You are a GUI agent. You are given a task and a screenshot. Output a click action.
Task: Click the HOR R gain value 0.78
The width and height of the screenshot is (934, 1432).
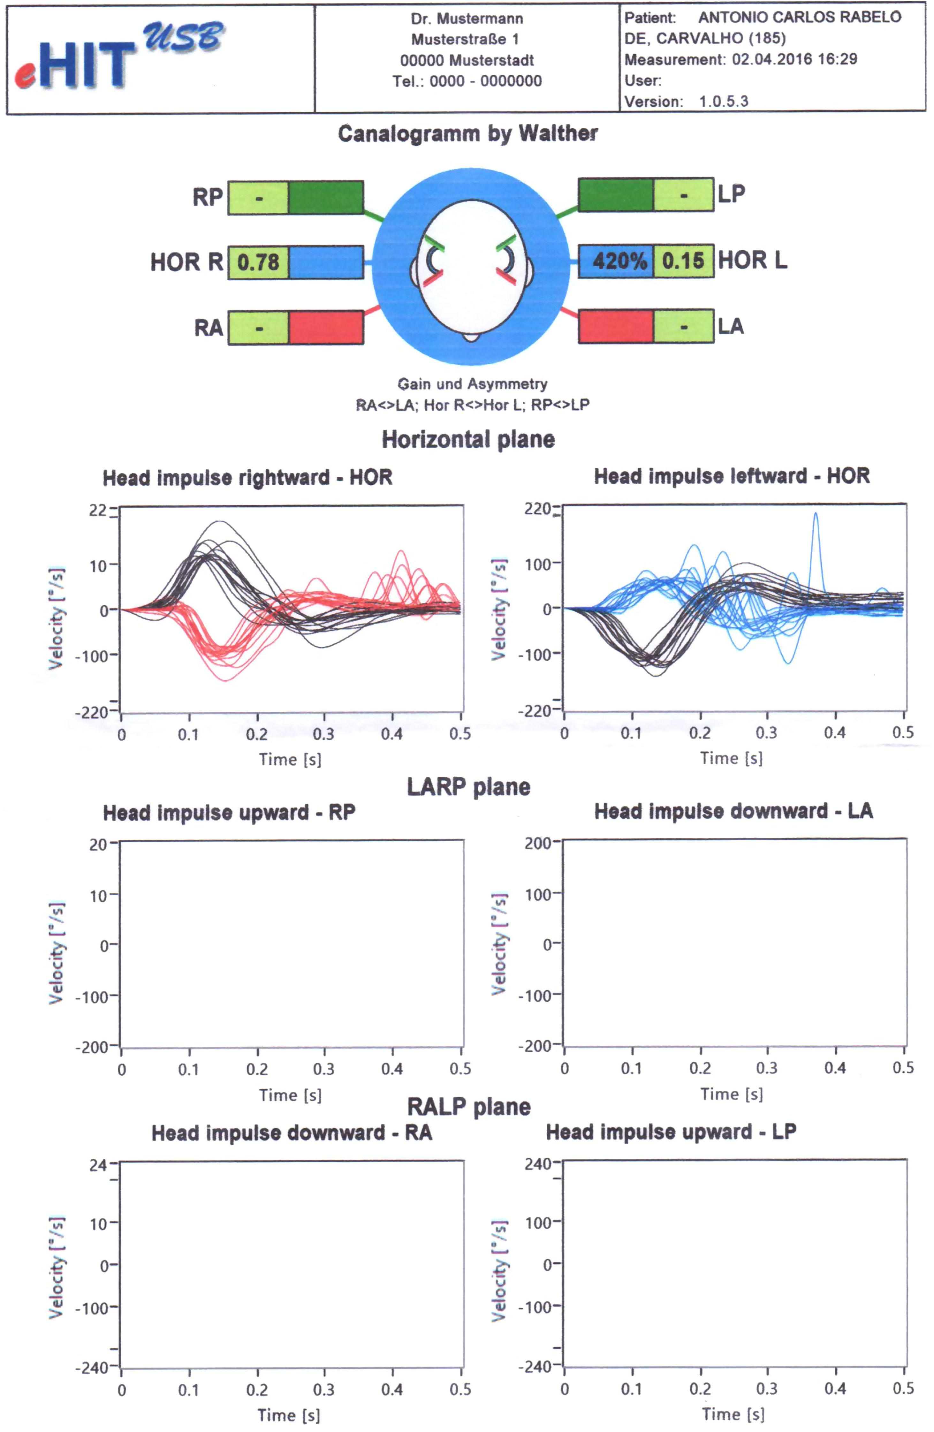(258, 262)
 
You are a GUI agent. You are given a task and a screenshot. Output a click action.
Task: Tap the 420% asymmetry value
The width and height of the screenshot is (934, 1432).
(619, 261)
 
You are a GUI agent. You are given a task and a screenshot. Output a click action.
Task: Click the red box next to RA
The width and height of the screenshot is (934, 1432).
(326, 328)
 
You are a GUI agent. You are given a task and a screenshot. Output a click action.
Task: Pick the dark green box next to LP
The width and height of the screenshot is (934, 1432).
(616, 194)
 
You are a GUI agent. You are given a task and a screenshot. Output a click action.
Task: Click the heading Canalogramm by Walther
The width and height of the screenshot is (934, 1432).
(467, 133)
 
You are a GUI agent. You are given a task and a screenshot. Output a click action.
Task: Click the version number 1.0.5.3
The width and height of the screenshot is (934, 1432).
(723, 101)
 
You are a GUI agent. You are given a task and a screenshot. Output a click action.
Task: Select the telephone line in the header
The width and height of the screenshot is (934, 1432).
(467, 81)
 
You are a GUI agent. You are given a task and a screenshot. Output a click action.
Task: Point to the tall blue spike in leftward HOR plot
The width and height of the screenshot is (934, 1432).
(816, 518)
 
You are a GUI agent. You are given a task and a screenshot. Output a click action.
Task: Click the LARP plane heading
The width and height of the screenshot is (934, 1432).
(468, 786)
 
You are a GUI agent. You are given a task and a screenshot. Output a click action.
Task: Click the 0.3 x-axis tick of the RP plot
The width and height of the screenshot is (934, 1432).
(324, 1069)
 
